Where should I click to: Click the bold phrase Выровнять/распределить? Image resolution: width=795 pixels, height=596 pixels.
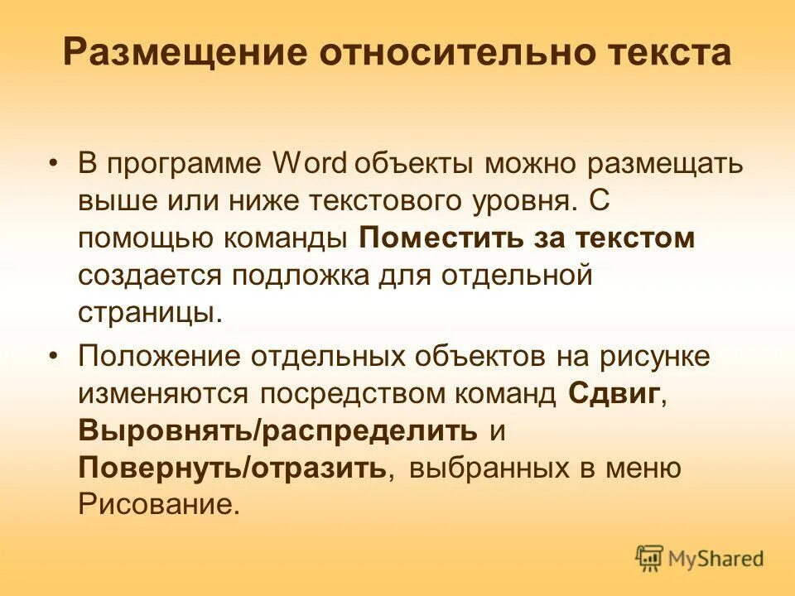click(278, 430)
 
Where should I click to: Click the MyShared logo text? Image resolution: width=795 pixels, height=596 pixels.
click(716, 559)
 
